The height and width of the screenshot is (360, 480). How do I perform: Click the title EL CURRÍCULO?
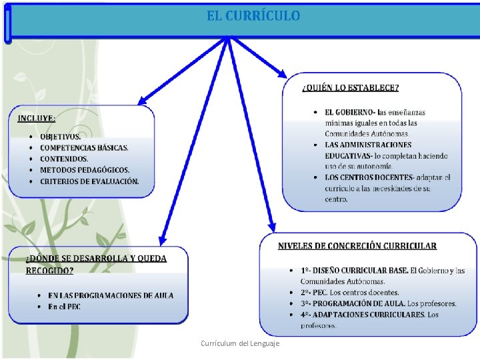[x=253, y=15]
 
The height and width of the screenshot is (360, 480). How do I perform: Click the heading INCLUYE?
[x=37, y=119]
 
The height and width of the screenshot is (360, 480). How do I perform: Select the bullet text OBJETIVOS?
[x=61, y=137]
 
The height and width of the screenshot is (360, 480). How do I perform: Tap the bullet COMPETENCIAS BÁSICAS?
[x=84, y=148]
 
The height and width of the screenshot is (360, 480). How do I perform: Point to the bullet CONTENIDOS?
[x=64, y=159]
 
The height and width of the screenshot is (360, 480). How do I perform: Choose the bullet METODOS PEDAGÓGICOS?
[x=85, y=170]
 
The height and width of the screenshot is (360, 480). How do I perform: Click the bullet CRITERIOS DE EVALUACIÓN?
[x=89, y=181]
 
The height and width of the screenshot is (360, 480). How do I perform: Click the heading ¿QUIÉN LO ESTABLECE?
[x=351, y=88]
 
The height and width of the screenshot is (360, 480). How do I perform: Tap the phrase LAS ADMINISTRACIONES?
[x=368, y=145]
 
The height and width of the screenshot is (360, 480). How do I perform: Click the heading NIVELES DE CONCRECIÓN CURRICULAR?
[x=357, y=246]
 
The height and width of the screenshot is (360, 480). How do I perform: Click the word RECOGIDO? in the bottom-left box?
[x=50, y=270]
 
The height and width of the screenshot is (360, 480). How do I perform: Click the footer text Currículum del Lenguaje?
[x=241, y=343]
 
